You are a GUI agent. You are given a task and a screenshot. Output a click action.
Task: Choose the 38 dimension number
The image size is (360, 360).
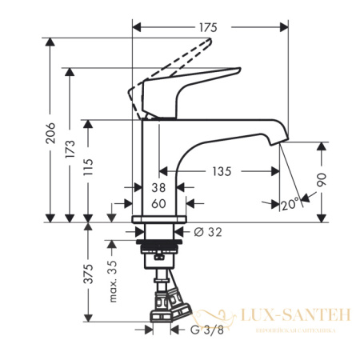tap(158, 188)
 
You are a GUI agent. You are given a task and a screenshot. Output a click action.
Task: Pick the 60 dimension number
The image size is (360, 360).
tap(158, 204)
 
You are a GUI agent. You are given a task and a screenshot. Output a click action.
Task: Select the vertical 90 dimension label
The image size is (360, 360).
tap(323, 181)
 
